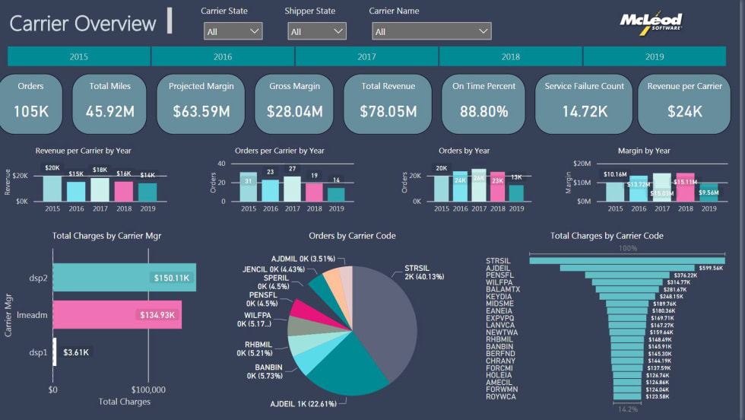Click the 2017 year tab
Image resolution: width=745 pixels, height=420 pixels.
(x=366, y=56)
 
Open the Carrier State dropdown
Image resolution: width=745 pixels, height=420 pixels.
(x=233, y=31)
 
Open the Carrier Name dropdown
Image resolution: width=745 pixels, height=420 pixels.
(x=431, y=31)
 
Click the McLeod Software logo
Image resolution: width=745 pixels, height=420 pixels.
(x=651, y=22)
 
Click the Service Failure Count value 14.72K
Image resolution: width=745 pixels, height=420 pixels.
(x=584, y=111)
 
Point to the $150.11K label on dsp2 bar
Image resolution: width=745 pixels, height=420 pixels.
(x=171, y=278)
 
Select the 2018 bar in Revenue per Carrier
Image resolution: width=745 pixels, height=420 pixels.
(x=123, y=191)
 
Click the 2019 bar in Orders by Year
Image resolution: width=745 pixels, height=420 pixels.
(x=516, y=193)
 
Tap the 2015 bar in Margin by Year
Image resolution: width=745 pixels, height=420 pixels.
(x=615, y=192)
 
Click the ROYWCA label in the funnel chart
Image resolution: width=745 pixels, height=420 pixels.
(x=500, y=396)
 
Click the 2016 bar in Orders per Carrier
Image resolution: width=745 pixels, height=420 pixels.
(x=271, y=191)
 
